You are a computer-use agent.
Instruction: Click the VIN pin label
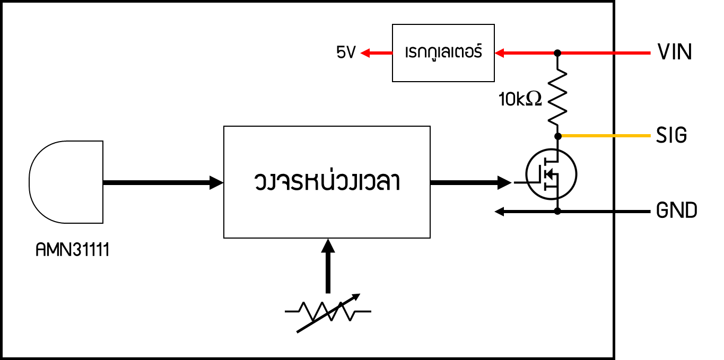tap(675, 52)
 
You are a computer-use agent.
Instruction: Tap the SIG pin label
tap(671, 135)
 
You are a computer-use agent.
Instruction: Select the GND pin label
tap(676, 210)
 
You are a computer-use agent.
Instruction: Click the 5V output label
tap(346, 52)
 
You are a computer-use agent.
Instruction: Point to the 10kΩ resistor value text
tap(520, 99)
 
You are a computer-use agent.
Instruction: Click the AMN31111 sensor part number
tap(72, 250)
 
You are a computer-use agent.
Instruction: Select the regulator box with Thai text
tap(443, 53)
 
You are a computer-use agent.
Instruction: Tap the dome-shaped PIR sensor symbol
tap(66, 182)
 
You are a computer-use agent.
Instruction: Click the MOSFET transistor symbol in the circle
tap(551, 174)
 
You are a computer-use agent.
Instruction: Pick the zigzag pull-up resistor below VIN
tap(557, 97)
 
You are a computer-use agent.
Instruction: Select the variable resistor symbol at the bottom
tap(328, 312)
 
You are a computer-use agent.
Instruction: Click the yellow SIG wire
tap(605, 136)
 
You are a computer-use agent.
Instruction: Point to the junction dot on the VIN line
tap(557, 53)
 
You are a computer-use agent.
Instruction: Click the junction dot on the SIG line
tap(558, 136)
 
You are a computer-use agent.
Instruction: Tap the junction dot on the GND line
tap(557, 212)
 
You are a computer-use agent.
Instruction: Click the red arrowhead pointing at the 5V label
tap(365, 53)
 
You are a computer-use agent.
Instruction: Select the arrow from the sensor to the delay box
tap(163, 182)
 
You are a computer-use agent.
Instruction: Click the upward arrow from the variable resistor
tap(328, 266)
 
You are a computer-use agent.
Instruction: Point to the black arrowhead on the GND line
tap(499, 212)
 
